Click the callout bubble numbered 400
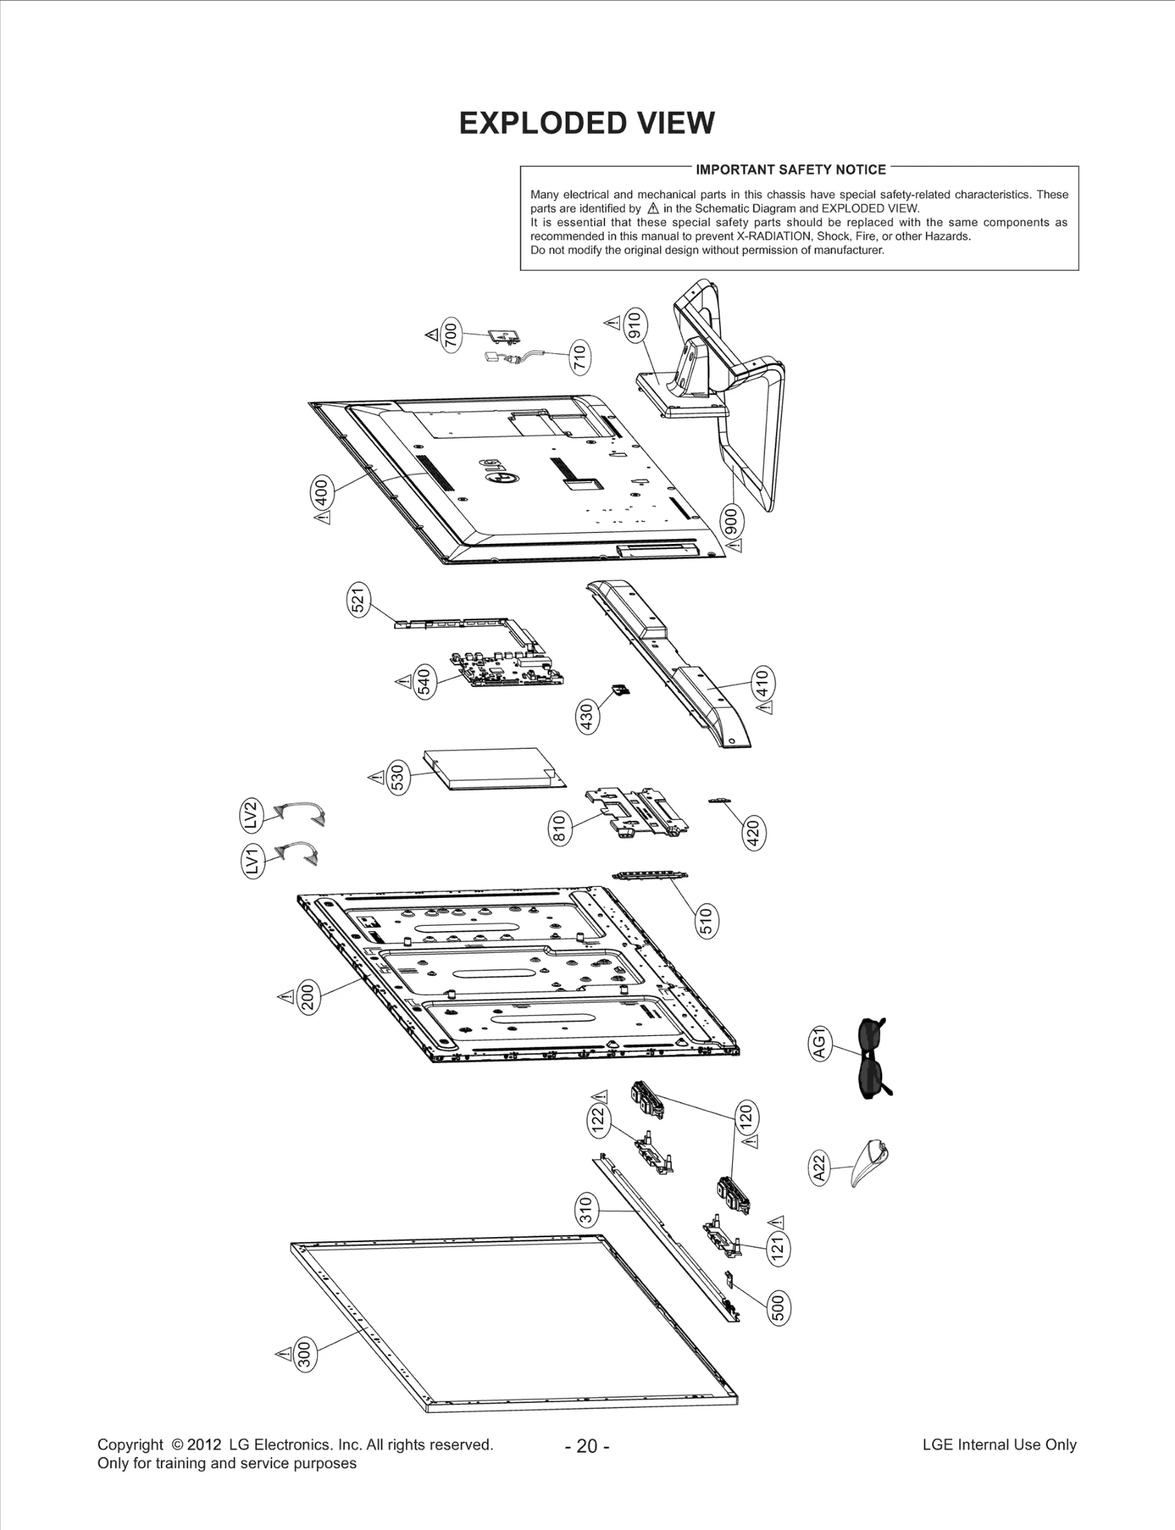[x=321, y=491]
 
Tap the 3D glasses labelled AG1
[x=872, y=1057]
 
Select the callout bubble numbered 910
[x=634, y=325]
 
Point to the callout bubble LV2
[x=251, y=815]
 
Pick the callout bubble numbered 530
[x=397, y=777]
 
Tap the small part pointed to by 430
[x=621, y=690]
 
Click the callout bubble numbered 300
[x=305, y=1355]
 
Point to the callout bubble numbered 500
[x=779, y=1309]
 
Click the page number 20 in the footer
[x=587, y=1446]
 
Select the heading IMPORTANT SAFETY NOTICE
[x=790, y=170]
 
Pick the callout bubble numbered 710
[x=579, y=358]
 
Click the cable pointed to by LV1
[x=301, y=853]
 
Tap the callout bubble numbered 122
[x=599, y=1120]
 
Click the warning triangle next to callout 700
[x=431, y=335]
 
